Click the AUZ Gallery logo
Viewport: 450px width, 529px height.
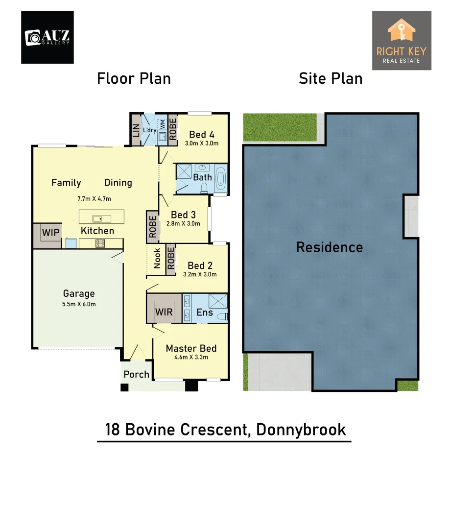coord(47,37)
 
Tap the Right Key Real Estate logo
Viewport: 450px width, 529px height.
coord(402,40)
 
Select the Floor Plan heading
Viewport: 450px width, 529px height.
coord(134,78)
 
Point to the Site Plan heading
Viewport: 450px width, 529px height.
coord(331,78)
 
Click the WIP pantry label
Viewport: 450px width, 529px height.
coord(50,233)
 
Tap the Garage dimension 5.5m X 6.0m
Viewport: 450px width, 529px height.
coord(79,304)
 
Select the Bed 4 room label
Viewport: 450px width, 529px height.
coord(202,135)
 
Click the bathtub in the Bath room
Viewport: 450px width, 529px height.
coord(220,179)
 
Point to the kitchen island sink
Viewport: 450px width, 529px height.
coord(96,218)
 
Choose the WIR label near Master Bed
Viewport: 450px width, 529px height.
coord(164,312)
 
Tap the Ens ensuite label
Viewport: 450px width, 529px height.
coord(205,312)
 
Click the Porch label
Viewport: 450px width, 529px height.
coord(136,374)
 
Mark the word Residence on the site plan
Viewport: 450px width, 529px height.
coord(330,247)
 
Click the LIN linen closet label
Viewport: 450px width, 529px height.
coord(136,130)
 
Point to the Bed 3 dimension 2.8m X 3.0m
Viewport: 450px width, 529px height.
coord(183,223)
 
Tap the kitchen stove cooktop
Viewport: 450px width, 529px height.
coord(100,242)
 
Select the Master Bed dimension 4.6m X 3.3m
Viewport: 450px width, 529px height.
coord(191,357)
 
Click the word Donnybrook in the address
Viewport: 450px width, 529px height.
coord(301,430)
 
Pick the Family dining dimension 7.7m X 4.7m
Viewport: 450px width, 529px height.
coord(94,199)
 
